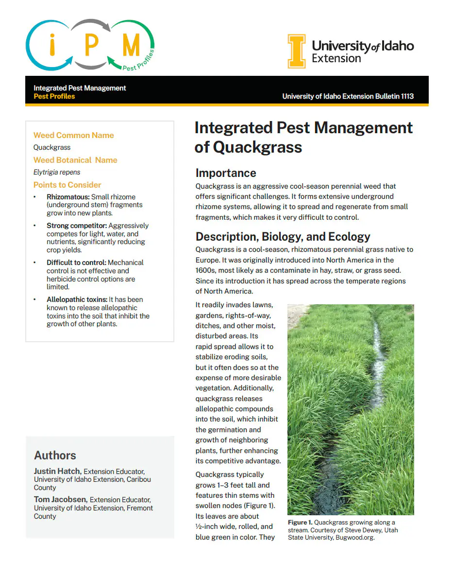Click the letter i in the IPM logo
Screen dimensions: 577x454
[52, 46]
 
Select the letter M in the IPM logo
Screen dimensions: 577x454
[131, 46]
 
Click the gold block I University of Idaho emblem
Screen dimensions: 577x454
[297, 52]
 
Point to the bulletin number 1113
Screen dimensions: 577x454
[405, 96]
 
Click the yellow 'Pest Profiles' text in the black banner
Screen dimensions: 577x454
[54, 96]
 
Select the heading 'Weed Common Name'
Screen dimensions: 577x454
[74, 136]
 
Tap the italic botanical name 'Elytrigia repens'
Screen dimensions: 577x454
[57, 172]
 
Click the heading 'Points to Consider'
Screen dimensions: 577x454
[67, 185]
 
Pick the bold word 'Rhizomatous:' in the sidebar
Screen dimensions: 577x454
[68, 197]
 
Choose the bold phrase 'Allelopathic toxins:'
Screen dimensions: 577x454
[77, 299]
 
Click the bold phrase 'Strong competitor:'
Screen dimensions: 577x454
[77, 226]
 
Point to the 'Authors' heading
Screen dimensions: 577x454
[55, 455]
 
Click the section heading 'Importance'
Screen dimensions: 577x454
[226, 173]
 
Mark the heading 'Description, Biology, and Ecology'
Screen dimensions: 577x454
[283, 237]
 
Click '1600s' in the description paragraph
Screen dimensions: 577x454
[205, 270]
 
